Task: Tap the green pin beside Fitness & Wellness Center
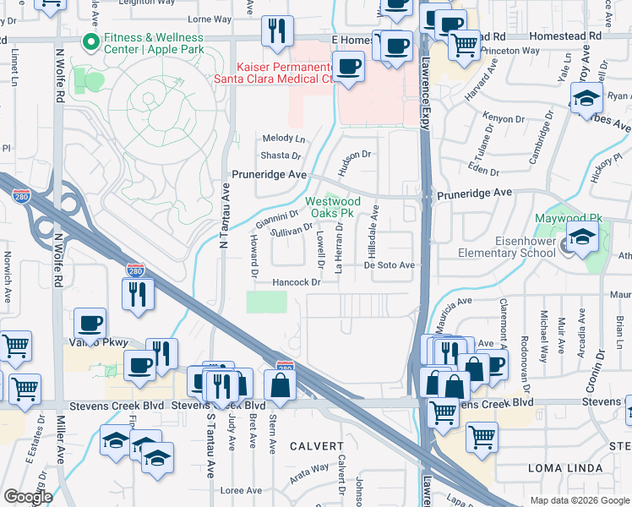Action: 86,41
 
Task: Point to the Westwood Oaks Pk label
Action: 332,207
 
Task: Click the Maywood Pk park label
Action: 568,218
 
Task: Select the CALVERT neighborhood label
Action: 317,445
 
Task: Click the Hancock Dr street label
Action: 296,282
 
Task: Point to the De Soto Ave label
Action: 390,265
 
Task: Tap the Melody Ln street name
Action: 283,138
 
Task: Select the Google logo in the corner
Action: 28,497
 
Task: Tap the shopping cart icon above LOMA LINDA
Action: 481,437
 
